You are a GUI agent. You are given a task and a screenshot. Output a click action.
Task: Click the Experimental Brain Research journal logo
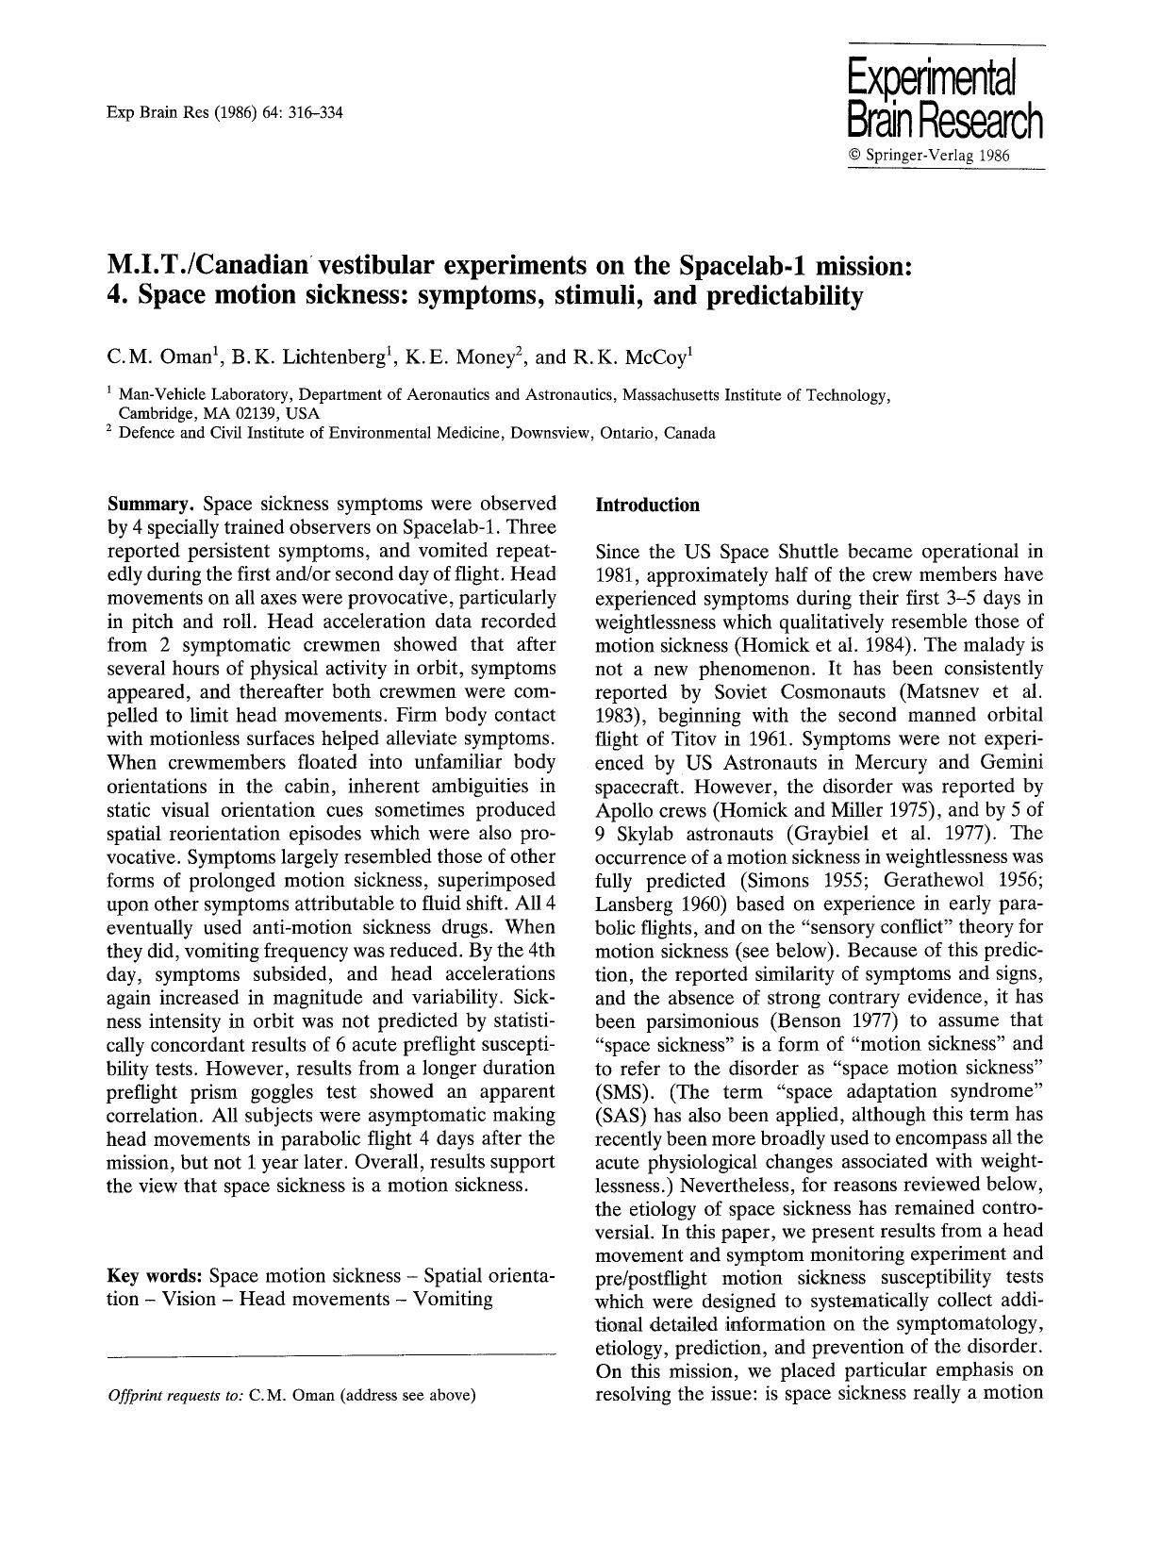point(945,97)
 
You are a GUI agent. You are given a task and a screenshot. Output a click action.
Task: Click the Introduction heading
point(648,505)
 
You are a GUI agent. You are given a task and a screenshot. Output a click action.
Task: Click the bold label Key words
point(155,1276)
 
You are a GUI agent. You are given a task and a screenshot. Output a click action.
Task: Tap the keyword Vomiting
point(453,1299)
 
